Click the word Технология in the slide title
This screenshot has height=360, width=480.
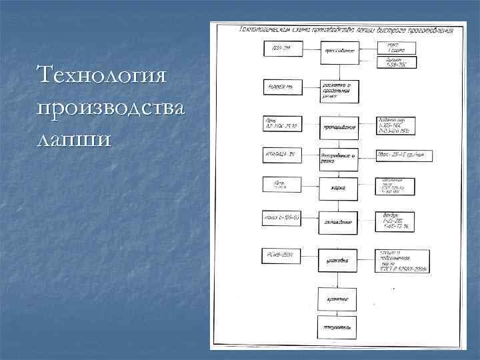tap(102, 73)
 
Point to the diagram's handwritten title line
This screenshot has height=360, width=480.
tap(346, 30)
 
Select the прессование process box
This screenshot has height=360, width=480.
tap(339, 51)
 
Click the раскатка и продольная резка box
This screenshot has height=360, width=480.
tap(339, 91)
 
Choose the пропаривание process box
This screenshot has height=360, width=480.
tap(339, 126)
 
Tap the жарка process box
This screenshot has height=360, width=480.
tap(339, 187)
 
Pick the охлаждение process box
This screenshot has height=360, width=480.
tap(339, 221)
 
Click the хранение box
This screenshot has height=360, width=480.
tap(339, 299)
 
